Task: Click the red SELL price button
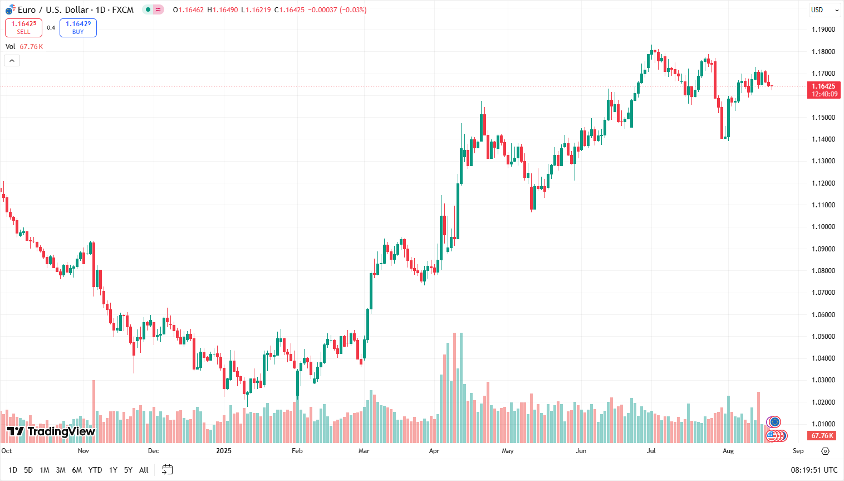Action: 23,28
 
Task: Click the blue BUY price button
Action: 78,28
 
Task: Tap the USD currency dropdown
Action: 824,10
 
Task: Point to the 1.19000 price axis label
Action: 823,30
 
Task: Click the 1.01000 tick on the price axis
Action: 823,424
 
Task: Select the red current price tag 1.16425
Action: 823,90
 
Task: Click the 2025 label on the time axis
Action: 224,451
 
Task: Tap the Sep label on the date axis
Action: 798,451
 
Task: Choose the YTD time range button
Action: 95,470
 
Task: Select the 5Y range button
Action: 128,470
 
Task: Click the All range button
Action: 144,470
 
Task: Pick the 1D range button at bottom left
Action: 13,470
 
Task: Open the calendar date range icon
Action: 167,470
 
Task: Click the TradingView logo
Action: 51,431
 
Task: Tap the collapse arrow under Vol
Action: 12,60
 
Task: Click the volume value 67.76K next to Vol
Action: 31,47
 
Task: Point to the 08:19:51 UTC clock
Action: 814,470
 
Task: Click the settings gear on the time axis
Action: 825,451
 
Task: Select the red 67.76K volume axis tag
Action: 822,436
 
